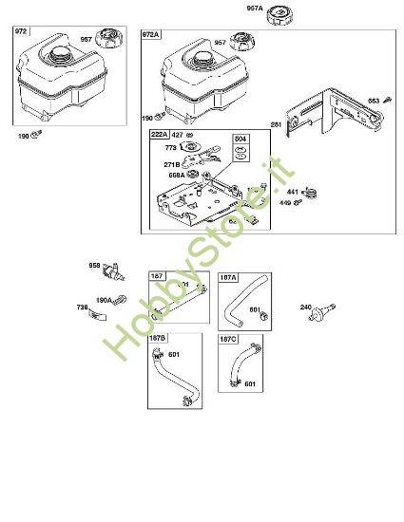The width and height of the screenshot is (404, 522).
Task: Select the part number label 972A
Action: coord(151,34)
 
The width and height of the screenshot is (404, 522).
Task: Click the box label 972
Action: coord(21,31)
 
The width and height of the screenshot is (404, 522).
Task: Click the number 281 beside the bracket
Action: coord(276,124)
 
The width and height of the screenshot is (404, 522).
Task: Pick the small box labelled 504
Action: coord(241,140)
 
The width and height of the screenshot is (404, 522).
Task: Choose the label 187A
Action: coord(228,278)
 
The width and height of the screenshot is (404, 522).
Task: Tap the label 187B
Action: coord(160,337)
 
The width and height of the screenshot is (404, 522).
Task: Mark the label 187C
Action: coord(228,337)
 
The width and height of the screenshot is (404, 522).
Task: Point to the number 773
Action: coord(172,148)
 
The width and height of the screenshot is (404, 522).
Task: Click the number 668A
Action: coord(175,175)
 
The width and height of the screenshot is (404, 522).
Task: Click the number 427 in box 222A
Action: coord(177,135)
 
